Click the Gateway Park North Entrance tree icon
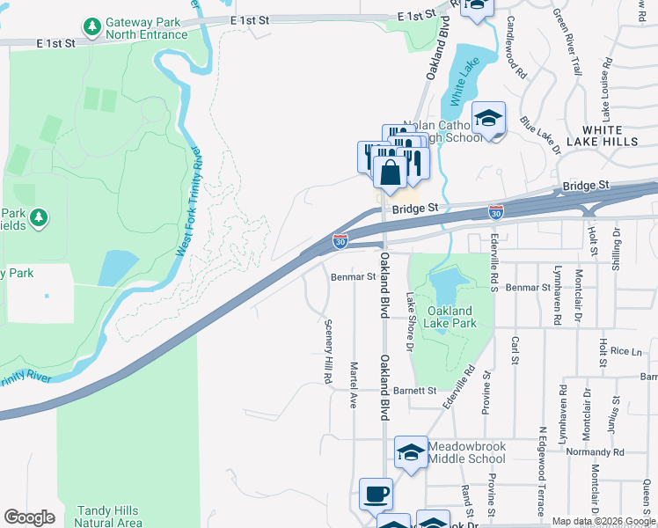point(91,28)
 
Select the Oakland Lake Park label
point(451,318)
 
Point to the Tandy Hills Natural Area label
point(109,517)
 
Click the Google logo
point(29,517)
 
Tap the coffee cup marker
point(376,494)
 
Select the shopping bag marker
point(390,171)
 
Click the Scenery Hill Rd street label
point(325,351)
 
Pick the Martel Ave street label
point(354,385)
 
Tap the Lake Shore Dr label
point(409,320)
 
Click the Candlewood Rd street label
point(515,52)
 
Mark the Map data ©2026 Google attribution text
point(603,521)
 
